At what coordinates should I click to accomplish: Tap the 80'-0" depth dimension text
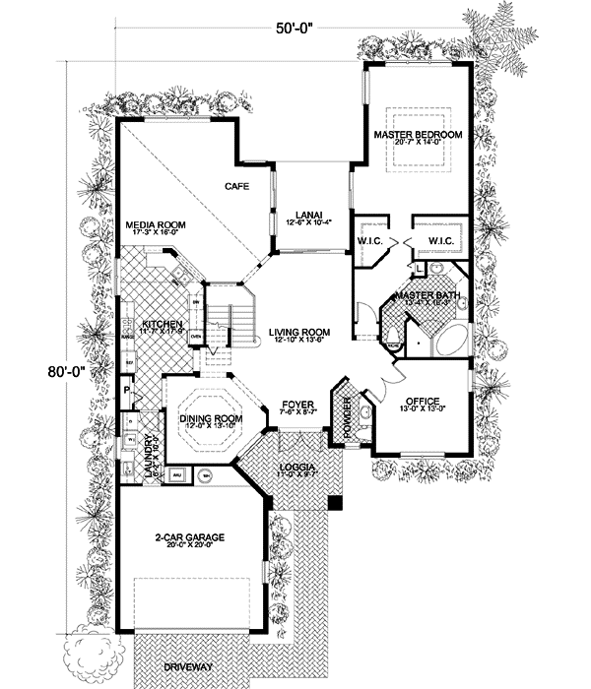(x=62, y=373)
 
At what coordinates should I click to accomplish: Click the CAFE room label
(x=234, y=186)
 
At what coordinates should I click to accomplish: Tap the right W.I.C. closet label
(x=439, y=240)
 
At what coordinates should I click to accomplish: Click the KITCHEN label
(x=160, y=324)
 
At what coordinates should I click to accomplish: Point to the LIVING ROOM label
(x=298, y=332)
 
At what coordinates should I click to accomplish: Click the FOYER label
(x=297, y=405)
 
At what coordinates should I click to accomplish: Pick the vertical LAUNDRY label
(x=150, y=457)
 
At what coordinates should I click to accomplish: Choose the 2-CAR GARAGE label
(x=190, y=537)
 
